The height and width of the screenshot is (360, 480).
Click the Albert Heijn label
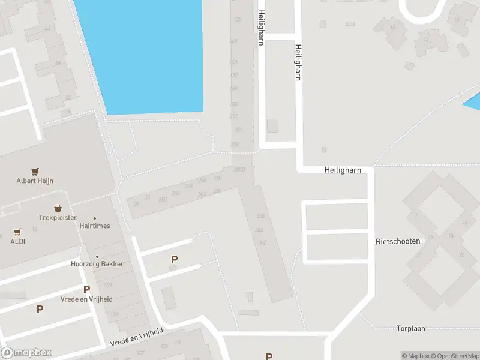pyautogui.click(x=35, y=181)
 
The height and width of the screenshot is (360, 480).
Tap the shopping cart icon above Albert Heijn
pyautogui.click(x=35, y=172)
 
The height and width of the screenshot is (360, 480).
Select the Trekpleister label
pyautogui.click(x=58, y=217)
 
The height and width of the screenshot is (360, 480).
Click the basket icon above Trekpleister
pyautogui.click(x=58, y=208)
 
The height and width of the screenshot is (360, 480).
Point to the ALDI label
pyautogui.click(x=17, y=241)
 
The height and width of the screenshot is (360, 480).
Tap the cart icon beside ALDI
pyautogui.click(x=17, y=232)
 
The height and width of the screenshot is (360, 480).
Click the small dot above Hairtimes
pyautogui.click(x=94, y=218)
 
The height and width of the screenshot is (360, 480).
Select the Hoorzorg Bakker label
pyautogui.click(x=97, y=264)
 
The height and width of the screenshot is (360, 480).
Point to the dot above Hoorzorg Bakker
pyautogui.click(x=97, y=256)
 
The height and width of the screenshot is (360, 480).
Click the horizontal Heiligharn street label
pyautogui.click(x=343, y=170)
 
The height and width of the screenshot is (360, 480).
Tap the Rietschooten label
pyautogui.click(x=397, y=241)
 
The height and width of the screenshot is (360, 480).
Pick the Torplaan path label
pyautogui.click(x=410, y=328)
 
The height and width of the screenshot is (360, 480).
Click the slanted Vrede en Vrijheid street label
pyautogui.click(x=137, y=337)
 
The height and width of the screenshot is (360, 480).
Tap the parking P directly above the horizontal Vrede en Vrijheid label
pyautogui.click(x=86, y=289)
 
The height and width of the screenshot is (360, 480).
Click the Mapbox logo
pyautogui.click(x=26, y=353)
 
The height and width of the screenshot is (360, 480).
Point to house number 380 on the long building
pyautogui.click(x=262, y=243)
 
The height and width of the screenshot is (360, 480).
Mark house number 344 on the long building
pyautogui.click(x=259, y=230)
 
